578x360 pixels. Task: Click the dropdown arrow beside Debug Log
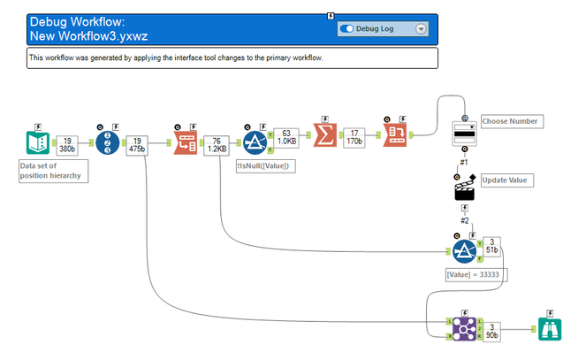[421, 28]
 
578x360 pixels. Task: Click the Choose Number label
[510, 121]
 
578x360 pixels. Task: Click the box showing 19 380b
[68, 143]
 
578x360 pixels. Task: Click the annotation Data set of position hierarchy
[54, 170]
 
